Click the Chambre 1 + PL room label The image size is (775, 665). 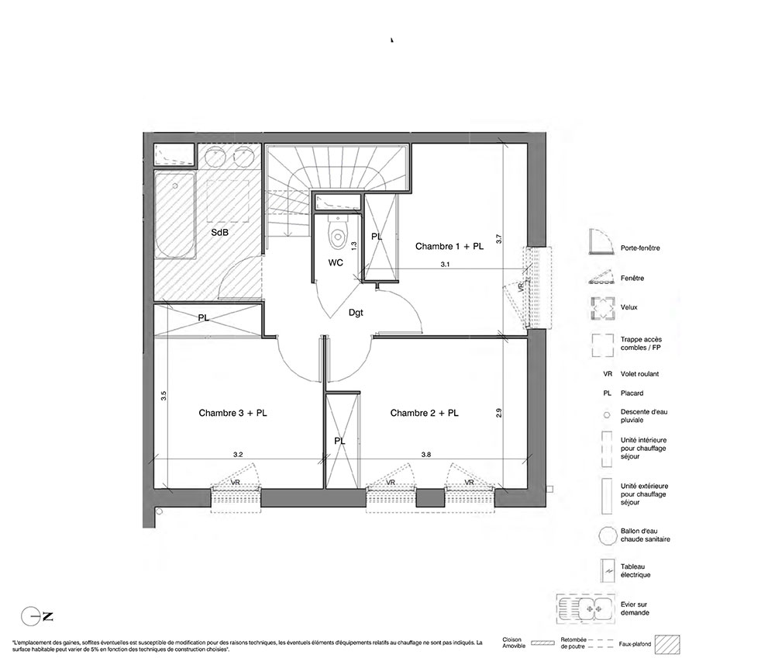coord(449,247)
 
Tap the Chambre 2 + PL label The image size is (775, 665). coord(424,413)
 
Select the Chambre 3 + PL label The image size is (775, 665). coord(232,413)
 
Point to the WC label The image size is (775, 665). coord(336,263)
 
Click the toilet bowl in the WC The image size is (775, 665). coord(338,237)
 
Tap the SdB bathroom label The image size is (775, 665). coord(220,232)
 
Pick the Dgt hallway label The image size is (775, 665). coord(356,313)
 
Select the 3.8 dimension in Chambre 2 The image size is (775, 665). coord(426,454)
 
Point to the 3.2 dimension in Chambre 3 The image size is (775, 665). coord(238,454)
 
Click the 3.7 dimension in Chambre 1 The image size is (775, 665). coord(499,238)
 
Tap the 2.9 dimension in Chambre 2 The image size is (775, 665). coord(498,413)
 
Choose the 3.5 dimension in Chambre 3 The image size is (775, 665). coord(164,396)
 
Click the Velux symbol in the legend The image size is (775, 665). coord(602,308)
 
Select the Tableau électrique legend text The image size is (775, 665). coord(635,571)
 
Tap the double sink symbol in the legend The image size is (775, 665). coord(586,608)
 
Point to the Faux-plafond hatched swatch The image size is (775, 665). coord(667,645)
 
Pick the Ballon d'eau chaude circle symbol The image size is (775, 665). coord(607,536)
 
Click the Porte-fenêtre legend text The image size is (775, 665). coord(640,248)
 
